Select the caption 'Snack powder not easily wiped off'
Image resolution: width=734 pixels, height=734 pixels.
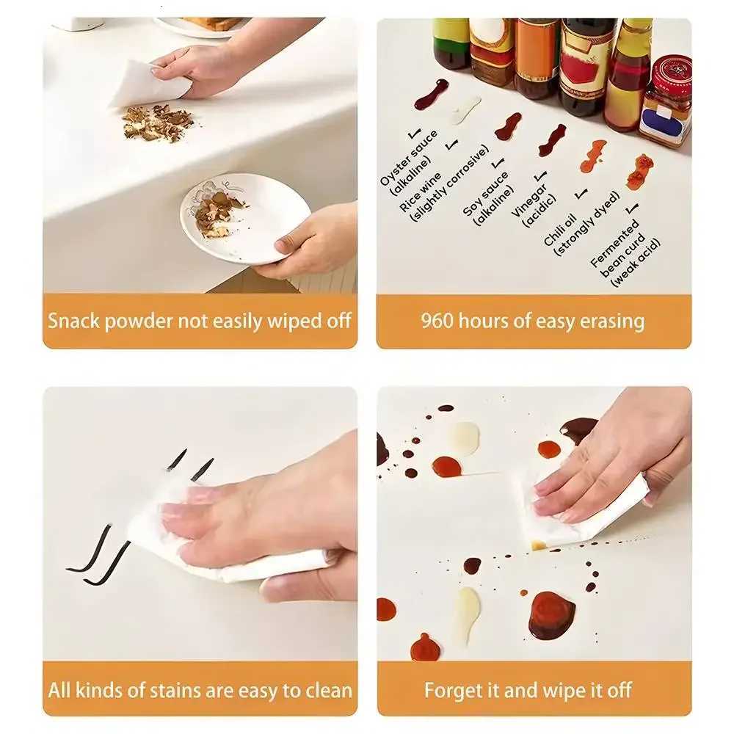tap(200, 321)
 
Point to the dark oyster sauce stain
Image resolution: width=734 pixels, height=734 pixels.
tap(431, 94)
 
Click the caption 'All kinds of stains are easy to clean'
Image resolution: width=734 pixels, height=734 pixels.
tap(200, 690)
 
